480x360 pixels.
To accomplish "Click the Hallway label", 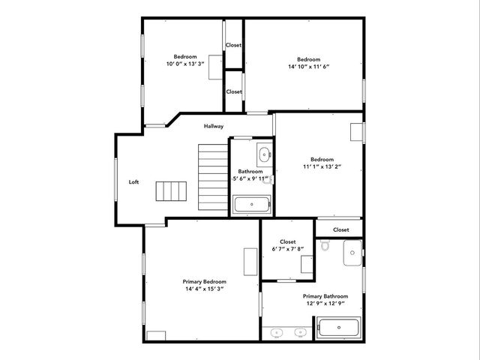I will point(214,126).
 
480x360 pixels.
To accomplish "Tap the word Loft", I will point(133,181).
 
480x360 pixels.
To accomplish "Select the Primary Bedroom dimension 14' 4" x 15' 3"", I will point(204,289).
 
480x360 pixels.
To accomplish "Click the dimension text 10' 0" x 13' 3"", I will point(185,64).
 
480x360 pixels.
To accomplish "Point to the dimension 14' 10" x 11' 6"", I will point(308,67).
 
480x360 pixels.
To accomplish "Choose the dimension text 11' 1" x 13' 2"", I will point(322,166).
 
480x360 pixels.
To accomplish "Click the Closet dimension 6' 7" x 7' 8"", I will point(288,249).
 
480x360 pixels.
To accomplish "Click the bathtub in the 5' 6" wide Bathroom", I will point(251,204).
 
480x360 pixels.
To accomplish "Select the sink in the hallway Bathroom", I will point(263,156).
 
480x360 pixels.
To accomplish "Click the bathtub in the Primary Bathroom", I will point(338,328).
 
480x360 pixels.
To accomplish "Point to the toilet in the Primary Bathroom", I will point(325,245).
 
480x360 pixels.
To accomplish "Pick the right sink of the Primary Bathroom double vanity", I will point(300,331).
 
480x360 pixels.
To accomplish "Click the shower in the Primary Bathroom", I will point(352,253).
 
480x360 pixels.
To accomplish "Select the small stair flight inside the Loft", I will point(170,191).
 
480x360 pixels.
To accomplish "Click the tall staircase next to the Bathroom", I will point(213,177).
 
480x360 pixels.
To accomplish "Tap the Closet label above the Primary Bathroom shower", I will point(340,229).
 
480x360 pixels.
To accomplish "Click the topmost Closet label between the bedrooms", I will point(234,45).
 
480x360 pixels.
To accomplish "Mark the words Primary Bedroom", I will point(204,281).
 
